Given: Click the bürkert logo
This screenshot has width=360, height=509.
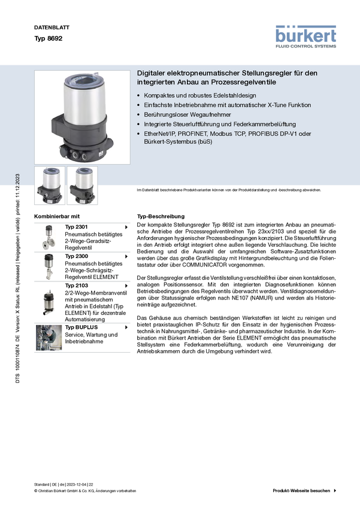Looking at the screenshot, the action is (305, 37).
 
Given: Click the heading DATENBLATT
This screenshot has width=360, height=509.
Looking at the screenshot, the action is (52, 28).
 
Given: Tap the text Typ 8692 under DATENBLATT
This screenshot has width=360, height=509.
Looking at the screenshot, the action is (49, 38).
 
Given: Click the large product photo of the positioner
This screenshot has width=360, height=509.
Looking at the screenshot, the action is (82, 117).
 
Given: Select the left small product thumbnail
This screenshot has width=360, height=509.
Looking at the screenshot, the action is (50, 186).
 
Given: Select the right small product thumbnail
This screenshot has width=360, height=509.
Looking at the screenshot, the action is (82, 186).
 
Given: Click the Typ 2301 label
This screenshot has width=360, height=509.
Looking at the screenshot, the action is (76, 227).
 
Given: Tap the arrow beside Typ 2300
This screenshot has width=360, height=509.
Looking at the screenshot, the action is (126, 256).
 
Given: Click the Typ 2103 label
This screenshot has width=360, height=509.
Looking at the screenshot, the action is (77, 285).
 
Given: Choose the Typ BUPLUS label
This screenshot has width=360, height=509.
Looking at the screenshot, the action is (81, 327).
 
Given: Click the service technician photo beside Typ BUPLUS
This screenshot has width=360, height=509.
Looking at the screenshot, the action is (49, 338).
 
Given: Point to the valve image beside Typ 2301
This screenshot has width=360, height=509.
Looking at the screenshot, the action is (49, 237).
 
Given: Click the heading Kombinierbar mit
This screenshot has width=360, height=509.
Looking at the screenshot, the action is (57, 216).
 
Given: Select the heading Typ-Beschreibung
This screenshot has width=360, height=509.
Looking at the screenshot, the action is (161, 216).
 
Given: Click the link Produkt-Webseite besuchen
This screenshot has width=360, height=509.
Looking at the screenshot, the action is (301, 490).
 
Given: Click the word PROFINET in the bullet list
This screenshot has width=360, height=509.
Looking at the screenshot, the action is (192, 134).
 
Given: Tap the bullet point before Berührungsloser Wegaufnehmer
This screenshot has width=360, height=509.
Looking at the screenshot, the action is (138, 114).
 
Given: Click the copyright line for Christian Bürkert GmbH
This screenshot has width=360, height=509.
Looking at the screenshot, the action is (85, 491).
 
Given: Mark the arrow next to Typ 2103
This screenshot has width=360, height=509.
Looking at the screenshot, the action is (126, 286).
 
